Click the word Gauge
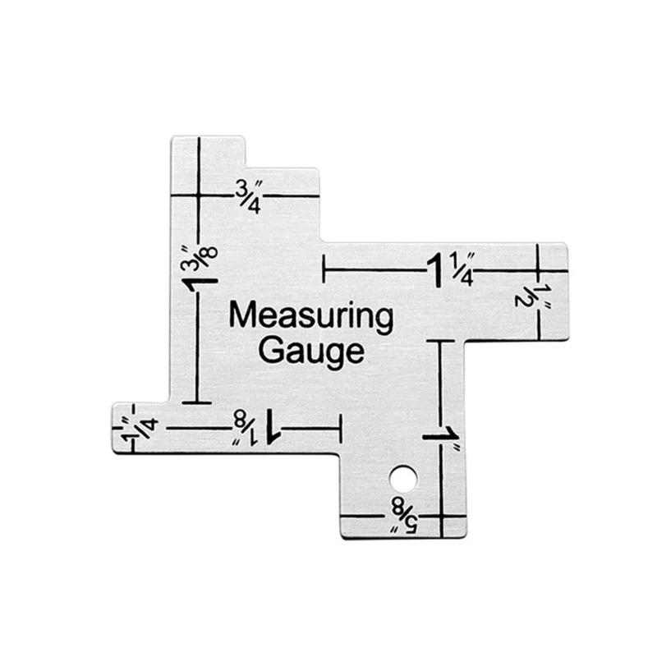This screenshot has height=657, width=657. point(310,352)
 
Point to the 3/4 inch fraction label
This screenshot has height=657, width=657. point(248,195)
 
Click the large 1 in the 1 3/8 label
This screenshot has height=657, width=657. point(199,285)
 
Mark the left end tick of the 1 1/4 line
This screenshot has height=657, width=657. point(326,269)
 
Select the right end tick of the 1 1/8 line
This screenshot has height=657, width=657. point(339,429)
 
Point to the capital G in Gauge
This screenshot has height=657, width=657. point(270,351)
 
